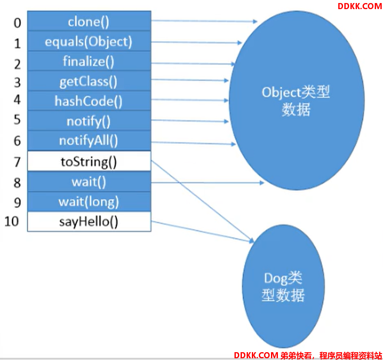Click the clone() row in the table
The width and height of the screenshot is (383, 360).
click(x=89, y=21)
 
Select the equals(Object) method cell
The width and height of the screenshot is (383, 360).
click(x=89, y=41)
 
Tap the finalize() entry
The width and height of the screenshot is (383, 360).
click(x=89, y=61)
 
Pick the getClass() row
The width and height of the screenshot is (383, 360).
click(x=89, y=81)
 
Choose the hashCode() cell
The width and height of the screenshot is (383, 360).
click(x=89, y=101)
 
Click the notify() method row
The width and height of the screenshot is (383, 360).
click(x=89, y=121)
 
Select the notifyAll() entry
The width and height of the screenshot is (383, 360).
click(x=89, y=140)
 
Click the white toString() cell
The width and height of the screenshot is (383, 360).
click(x=89, y=161)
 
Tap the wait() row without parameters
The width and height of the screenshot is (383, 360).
click(x=89, y=181)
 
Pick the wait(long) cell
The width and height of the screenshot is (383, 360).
click(x=89, y=202)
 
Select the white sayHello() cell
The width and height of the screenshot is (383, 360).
click(x=89, y=222)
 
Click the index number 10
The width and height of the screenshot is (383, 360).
click(x=11, y=222)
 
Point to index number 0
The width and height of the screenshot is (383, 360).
click(x=17, y=23)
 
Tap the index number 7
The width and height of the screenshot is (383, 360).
click(x=17, y=162)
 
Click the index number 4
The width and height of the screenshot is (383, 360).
click(x=17, y=100)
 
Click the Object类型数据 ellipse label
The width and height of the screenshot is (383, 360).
click(x=296, y=101)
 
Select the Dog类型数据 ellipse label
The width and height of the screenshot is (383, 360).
click(x=283, y=287)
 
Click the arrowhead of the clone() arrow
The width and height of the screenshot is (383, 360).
click(x=255, y=22)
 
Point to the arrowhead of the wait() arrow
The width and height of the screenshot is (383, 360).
click(x=262, y=183)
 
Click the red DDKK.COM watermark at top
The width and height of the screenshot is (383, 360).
click(x=360, y=6)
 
